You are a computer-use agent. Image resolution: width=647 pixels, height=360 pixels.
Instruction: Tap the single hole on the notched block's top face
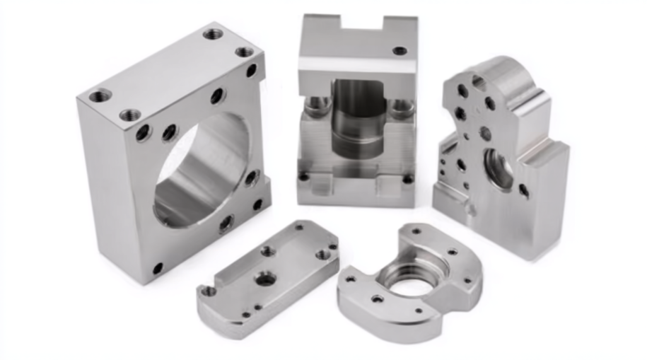400,51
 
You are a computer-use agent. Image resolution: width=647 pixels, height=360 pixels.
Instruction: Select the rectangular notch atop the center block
362,23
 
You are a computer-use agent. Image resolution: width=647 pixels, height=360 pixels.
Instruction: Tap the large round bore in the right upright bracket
499,169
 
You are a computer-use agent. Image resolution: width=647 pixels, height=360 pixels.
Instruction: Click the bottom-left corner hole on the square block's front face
157,268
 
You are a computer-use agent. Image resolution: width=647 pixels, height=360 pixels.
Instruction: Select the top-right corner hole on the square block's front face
252,70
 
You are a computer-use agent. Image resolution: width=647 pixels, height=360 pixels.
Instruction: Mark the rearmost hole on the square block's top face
213,33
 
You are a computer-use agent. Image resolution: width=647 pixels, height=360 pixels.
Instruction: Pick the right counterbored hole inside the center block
402,108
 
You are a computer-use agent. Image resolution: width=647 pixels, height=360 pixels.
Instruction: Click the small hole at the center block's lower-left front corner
304,177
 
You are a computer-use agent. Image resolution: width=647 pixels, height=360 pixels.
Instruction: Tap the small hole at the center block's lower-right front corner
407,179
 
